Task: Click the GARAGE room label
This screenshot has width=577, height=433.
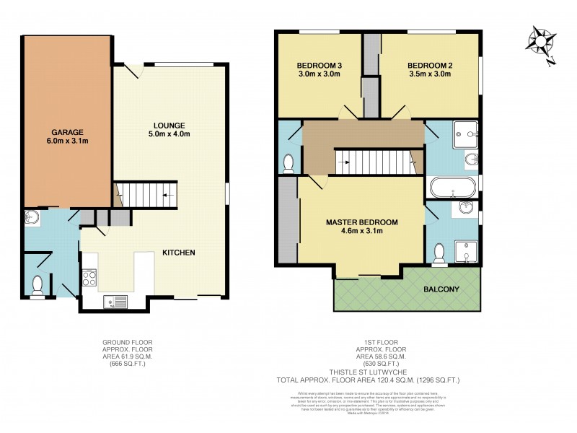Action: [67, 132]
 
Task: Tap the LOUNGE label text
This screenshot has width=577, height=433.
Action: [169, 124]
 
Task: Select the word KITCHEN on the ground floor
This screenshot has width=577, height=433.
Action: [179, 252]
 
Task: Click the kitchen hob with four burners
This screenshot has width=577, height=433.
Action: [90, 277]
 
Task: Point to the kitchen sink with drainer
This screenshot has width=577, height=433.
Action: [115, 302]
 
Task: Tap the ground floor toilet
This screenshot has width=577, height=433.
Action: [38, 284]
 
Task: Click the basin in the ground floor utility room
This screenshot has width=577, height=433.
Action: [32, 216]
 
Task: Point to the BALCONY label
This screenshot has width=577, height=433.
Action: [441, 289]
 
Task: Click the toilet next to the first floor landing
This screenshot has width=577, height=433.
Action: [288, 163]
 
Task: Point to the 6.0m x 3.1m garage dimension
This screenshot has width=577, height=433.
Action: [67, 141]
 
